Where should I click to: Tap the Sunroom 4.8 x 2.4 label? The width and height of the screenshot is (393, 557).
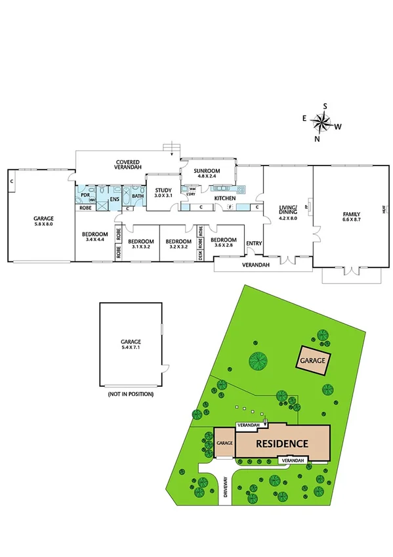coord(207,173)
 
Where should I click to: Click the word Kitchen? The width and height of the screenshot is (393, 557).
coord(225,198)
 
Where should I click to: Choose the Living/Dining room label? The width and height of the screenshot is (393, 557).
coord(288,213)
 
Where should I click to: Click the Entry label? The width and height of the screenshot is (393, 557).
coord(254,243)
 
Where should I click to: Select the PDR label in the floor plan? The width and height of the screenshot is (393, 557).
coord(85,195)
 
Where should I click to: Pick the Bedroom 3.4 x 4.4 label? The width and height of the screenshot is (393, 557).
coord(94,237)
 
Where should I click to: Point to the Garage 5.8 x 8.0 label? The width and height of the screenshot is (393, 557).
coord(43,221)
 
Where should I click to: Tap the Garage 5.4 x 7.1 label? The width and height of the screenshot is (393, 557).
coord(130,344)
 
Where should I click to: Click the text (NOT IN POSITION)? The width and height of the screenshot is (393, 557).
coord(130,394)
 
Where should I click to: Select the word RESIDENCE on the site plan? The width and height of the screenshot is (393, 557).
coord(281,443)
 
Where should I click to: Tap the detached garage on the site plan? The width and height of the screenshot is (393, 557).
coord(314,361)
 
